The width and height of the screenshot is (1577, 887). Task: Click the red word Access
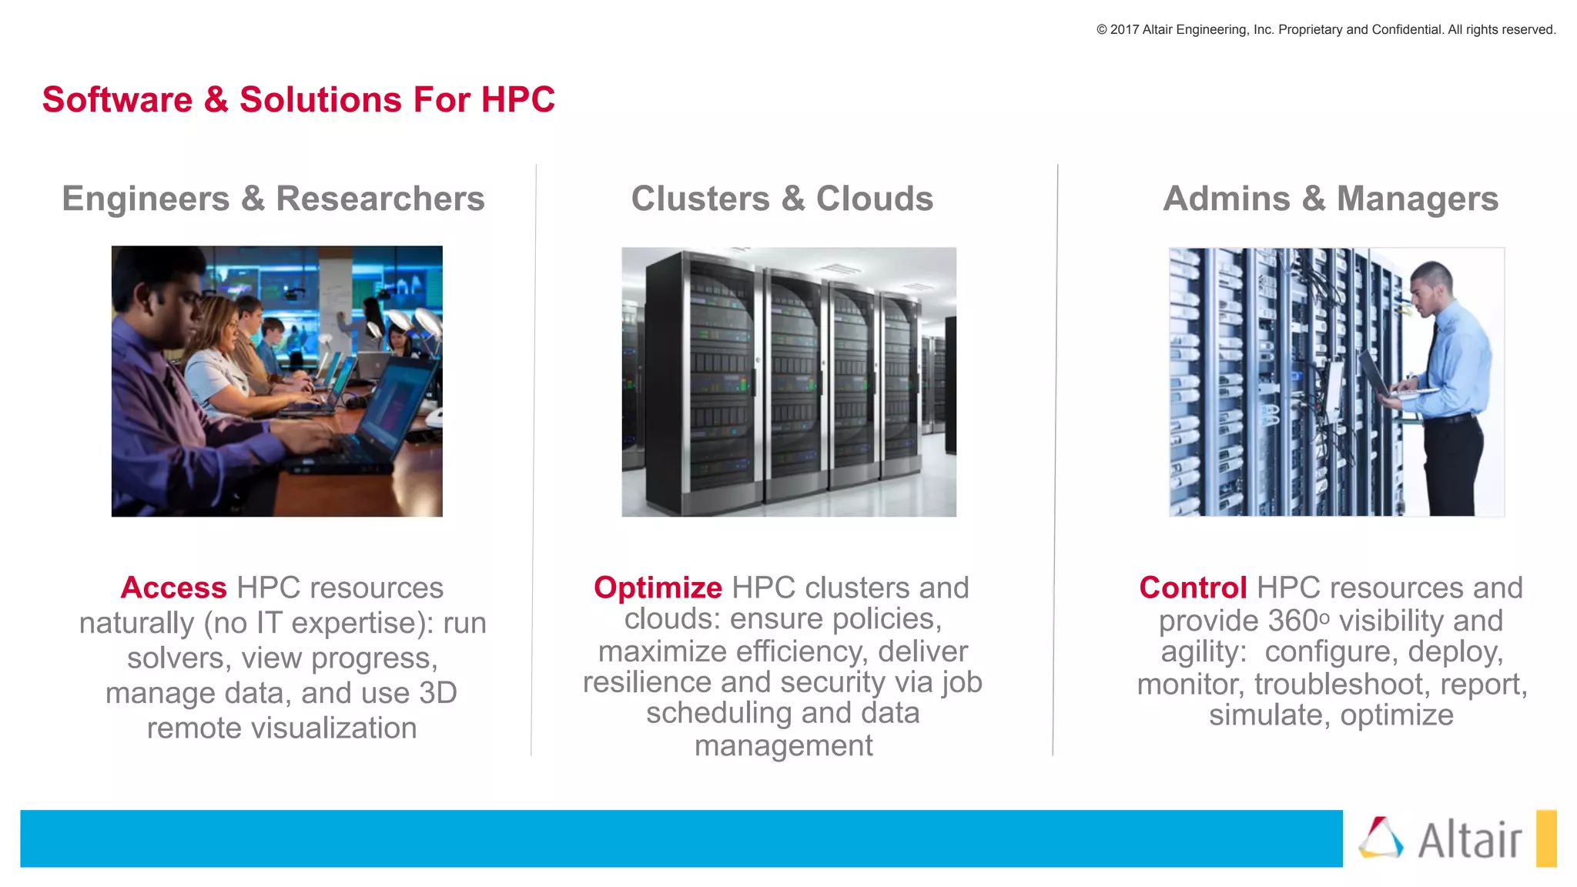173,588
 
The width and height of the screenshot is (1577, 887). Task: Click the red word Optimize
658,588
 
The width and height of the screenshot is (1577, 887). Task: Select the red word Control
1192,588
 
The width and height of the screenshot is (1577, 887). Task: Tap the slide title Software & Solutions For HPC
298,100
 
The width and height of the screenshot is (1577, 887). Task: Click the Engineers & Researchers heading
273,199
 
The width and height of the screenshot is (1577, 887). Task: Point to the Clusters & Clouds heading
782,199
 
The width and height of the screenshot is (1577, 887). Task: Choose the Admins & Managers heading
1331,199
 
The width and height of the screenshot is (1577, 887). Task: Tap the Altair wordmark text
1469,840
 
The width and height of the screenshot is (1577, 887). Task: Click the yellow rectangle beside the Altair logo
1545,838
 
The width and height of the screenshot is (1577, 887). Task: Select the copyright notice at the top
1325,30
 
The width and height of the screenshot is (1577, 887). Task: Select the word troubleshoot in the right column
1338,684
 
